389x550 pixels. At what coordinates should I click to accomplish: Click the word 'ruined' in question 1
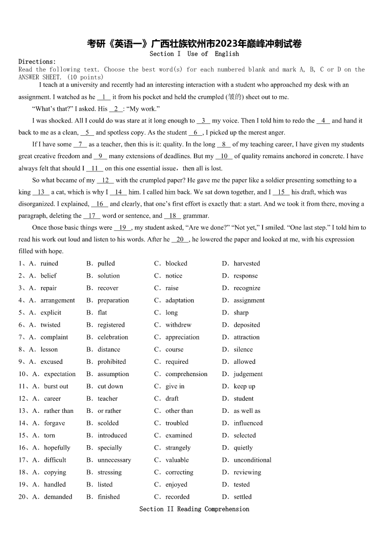(x=49, y=263)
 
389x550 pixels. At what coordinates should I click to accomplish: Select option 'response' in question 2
(x=245, y=276)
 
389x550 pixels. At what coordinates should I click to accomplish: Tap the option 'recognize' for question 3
(x=247, y=288)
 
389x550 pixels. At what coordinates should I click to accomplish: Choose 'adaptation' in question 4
(x=179, y=300)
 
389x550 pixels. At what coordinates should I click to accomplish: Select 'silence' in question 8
(x=243, y=349)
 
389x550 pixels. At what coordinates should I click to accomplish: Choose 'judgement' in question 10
(x=248, y=374)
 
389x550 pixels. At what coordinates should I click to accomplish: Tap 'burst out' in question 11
(x=56, y=386)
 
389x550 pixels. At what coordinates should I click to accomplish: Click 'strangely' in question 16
(x=178, y=448)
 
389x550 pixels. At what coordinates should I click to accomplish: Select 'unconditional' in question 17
(x=252, y=460)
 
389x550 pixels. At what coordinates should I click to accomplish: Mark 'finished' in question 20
(x=109, y=497)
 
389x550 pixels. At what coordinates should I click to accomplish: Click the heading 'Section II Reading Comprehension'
(x=194, y=509)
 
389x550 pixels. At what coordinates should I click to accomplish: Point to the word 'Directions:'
(x=37, y=61)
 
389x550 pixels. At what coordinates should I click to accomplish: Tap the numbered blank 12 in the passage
(x=105, y=180)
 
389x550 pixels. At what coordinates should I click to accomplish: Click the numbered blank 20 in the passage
(x=180, y=239)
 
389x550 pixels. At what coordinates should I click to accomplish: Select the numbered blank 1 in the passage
(x=104, y=97)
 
